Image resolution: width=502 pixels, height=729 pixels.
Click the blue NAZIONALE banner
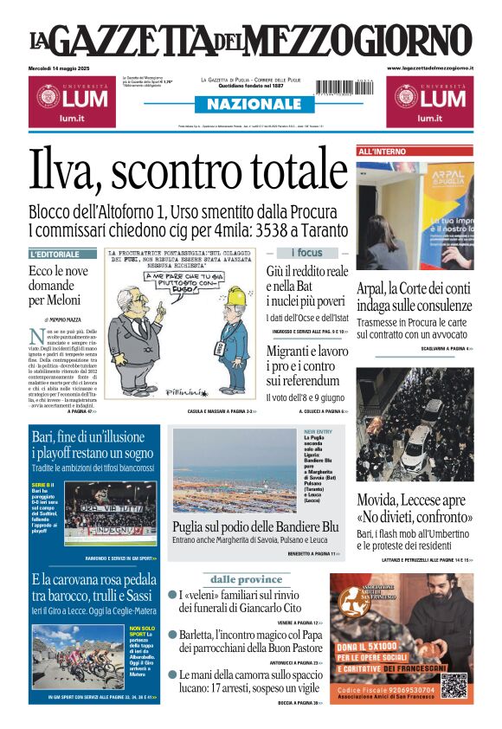coord(251,104)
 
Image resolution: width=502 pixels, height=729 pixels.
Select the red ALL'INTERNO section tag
coord(382,152)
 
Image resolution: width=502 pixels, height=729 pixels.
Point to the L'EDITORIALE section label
coord(62,255)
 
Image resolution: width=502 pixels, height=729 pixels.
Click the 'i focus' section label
coord(306,253)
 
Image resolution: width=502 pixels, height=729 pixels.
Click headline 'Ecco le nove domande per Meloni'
coord(59,285)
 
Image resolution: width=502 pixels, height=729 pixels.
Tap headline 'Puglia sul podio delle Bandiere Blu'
coord(254,526)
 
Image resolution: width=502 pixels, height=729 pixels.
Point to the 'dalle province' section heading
coord(246,579)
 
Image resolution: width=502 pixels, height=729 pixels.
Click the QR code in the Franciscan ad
coord(456,684)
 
